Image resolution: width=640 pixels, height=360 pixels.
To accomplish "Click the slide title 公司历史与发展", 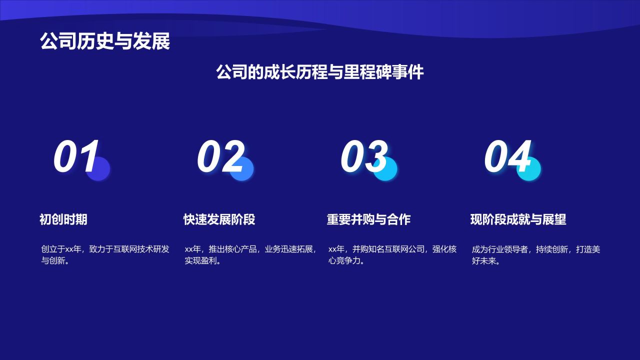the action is click(105, 41).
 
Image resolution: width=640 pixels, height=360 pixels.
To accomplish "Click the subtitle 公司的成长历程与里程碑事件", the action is click(319, 72).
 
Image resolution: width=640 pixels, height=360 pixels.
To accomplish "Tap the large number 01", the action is click(76, 156).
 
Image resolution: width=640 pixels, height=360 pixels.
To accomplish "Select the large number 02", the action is click(220, 156).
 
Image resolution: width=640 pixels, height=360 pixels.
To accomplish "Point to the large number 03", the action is click(364, 156).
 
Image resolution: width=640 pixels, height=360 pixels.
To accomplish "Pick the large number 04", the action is click(507, 156).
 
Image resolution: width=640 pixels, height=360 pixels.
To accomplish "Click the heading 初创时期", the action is click(63, 219).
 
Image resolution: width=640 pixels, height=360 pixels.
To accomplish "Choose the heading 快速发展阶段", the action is click(219, 219).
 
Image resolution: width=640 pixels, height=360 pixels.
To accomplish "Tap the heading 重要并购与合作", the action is click(368, 219).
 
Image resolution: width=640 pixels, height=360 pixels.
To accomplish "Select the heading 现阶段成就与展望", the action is click(518, 219).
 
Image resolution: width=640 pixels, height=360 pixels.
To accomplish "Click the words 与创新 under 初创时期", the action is click(53, 261).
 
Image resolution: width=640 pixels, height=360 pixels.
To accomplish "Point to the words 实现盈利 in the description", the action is click(200, 261).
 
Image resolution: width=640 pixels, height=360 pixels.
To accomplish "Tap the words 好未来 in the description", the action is click(484, 261).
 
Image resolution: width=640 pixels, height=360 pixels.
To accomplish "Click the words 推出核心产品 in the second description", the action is click(232, 249).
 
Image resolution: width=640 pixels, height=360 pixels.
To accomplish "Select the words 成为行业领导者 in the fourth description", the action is click(500, 249).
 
